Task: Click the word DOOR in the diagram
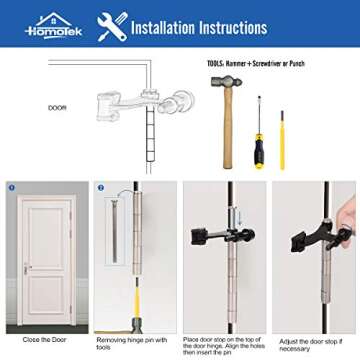tap(58, 107)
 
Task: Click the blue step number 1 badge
tap(11, 187)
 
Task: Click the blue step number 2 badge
tap(101, 187)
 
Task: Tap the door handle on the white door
tap(27, 268)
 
